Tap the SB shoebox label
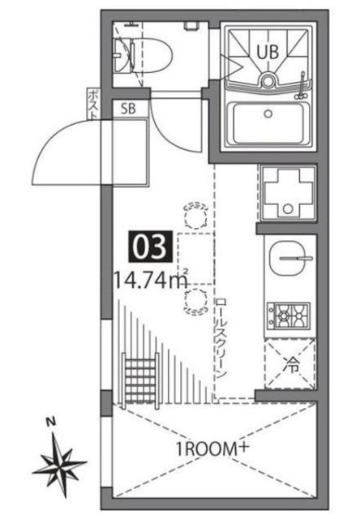[128, 108]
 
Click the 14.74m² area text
[152, 281]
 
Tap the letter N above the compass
[49, 422]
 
